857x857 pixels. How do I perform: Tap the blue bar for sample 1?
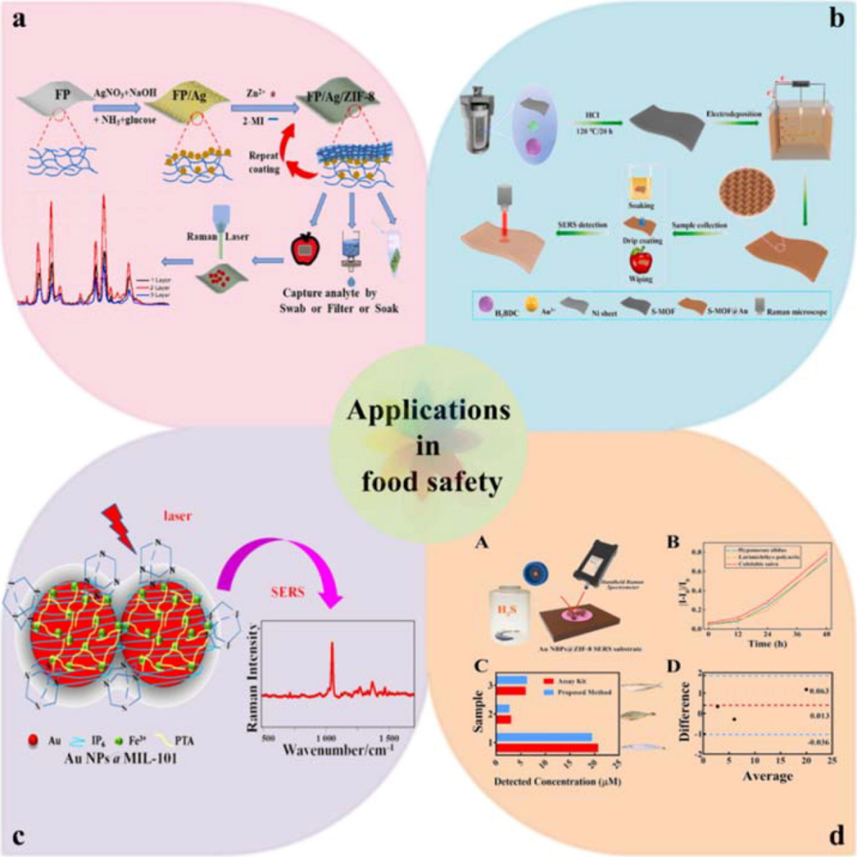544,737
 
